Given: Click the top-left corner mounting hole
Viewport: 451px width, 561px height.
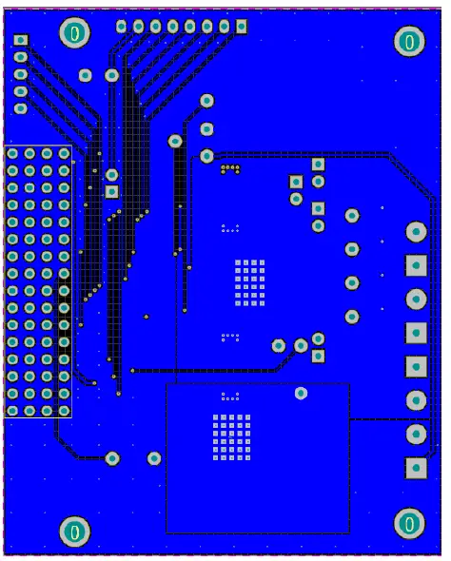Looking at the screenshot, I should pyautogui.click(x=75, y=34).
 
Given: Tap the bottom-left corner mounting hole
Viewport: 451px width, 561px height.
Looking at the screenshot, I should pyautogui.click(x=75, y=531).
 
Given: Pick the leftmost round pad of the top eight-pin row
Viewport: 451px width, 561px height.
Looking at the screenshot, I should pyautogui.click(x=122, y=26).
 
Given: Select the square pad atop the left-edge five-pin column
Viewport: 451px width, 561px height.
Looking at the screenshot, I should pyautogui.click(x=21, y=41).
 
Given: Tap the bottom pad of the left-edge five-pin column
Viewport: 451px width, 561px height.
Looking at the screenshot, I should pyautogui.click(x=21, y=108).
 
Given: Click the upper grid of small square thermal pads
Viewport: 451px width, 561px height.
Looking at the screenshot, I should pyautogui.click(x=249, y=282).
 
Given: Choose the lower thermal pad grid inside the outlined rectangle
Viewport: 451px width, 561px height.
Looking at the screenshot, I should pyautogui.click(x=228, y=437).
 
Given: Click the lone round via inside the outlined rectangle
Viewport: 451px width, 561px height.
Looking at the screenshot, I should pyautogui.click(x=302, y=393).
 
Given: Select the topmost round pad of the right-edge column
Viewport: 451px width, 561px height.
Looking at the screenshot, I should pyautogui.click(x=416, y=231).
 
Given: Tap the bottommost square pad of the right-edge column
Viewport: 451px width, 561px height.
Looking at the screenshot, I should pyautogui.click(x=416, y=468).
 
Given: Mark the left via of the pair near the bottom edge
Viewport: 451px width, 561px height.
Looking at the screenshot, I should pyautogui.click(x=112, y=458).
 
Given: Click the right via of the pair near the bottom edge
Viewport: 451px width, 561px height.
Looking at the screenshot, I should pyautogui.click(x=154, y=458).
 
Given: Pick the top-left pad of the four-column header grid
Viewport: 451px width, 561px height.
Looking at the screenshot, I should pyautogui.click(x=12, y=153).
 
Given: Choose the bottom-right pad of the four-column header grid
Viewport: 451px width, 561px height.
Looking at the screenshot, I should pyautogui.click(x=64, y=410).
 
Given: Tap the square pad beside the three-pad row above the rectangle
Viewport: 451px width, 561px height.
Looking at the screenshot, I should pyautogui.click(x=318, y=357).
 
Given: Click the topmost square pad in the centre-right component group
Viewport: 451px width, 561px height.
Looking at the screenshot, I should pyautogui.click(x=318, y=164).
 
